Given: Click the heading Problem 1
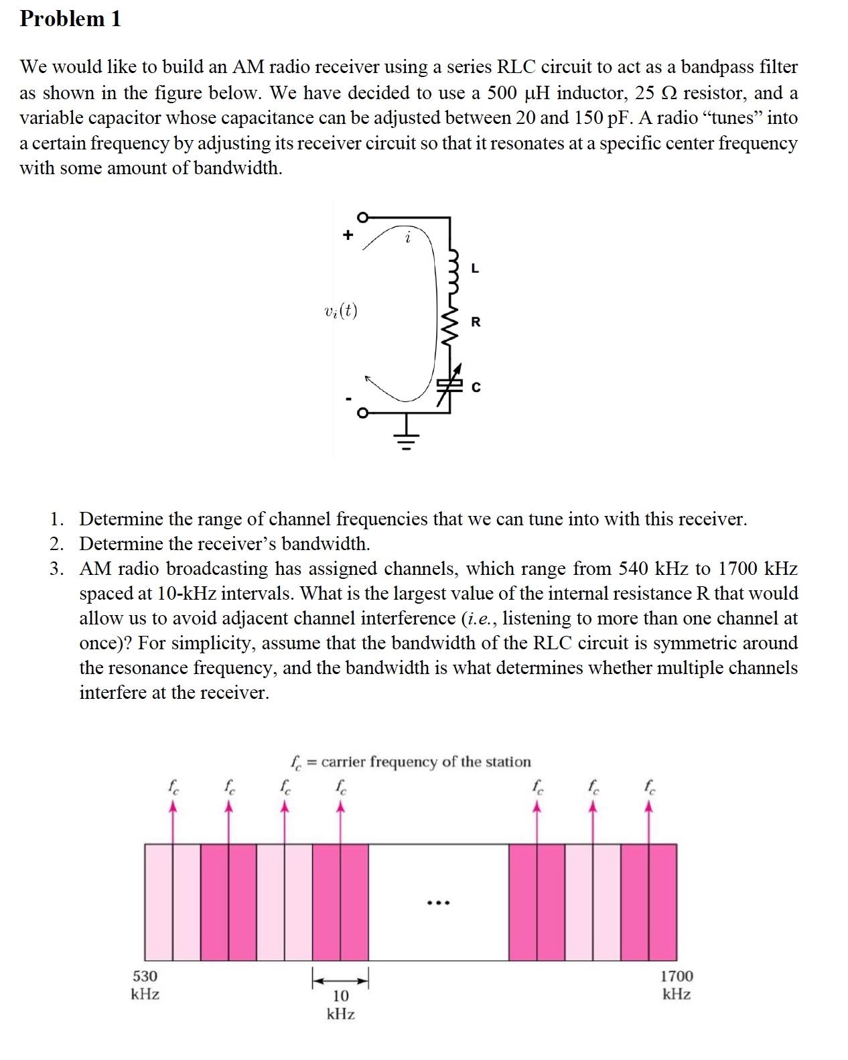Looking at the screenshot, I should pos(70,19).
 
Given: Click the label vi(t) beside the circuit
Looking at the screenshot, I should pos(340,312).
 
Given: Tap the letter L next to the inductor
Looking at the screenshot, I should pos(475,269).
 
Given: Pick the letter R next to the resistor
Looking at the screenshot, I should pos(476,322).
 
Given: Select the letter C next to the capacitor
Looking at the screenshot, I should pos(476,387).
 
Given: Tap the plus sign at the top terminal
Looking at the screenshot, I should pos(347,235).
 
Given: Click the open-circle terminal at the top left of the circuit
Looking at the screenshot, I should pos(362,217).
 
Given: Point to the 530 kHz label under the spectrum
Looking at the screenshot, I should pos(145,984).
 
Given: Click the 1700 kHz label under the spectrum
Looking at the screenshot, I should pos(677,984).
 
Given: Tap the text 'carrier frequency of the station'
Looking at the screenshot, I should pos(426,762).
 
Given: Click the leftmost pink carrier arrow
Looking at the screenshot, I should pos(173,821).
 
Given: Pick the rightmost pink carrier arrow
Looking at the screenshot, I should pos(648,821).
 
